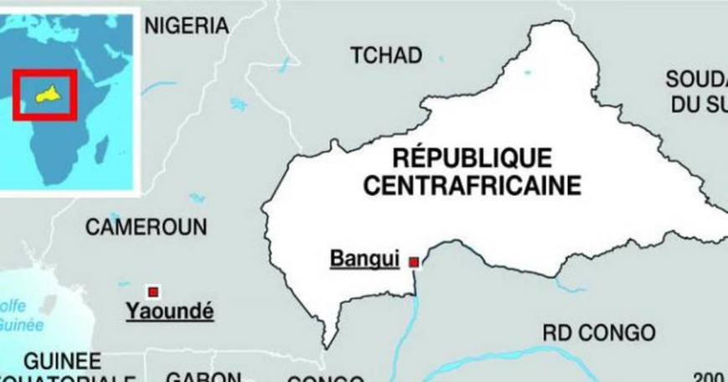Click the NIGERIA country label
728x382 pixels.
(187, 26)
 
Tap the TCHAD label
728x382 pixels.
(385, 55)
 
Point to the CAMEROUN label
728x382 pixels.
(146, 227)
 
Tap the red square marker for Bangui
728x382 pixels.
(413, 263)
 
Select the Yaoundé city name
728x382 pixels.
(168, 312)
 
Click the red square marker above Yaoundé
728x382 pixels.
(153, 291)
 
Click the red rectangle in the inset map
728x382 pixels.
(44, 94)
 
